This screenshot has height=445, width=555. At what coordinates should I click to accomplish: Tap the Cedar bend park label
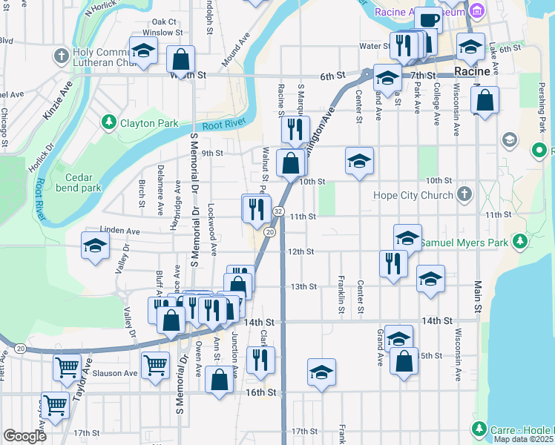click(x=83, y=182)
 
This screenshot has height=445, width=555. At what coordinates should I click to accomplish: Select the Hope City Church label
click(x=416, y=195)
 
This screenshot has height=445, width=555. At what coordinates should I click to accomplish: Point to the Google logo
click(x=24, y=436)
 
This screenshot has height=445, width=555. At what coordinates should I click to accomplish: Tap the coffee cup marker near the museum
click(x=427, y=20)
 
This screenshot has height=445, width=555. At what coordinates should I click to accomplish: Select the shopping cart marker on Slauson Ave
click(x=155, y=364)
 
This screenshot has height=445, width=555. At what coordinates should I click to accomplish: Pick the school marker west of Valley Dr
click(x=95, y=245)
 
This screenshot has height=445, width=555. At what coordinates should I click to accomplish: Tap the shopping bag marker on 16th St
click(x=220, y=380)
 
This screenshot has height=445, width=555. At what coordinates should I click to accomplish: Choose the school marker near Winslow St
click(x=142, y=50)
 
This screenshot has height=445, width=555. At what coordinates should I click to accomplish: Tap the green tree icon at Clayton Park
click(x=110, y=121)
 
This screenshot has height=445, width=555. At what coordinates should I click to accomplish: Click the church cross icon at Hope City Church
click(x=464, y=195)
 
